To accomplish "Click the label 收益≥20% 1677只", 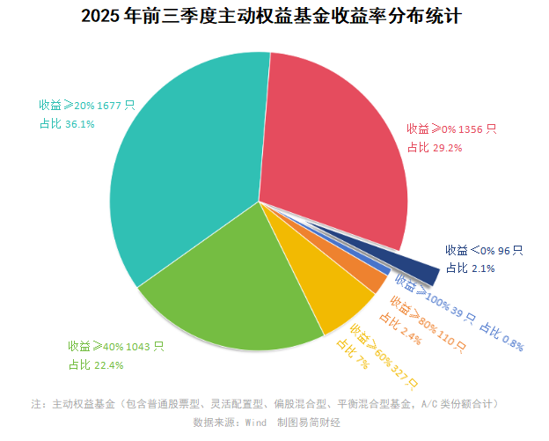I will tap(86, 106).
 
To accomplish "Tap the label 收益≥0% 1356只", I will tap(451, 129).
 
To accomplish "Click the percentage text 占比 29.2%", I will tap(435, 147).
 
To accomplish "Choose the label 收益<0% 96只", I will tap(484, 251).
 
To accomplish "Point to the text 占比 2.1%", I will tap(465, 268).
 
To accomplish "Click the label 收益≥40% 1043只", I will tap(116, 346).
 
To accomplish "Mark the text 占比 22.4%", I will tap(96, 364).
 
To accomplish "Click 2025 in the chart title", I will tap(104, 16).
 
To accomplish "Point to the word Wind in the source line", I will tap(255, 423).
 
